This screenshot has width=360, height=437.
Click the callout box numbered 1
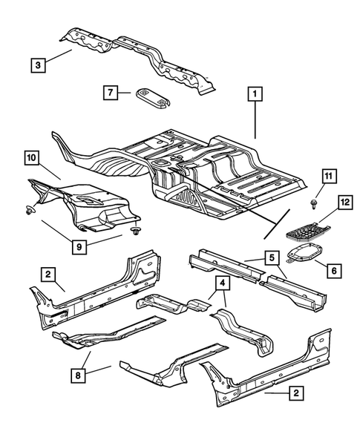click(x=255, y=94)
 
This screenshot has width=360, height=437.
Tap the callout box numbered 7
click(x=111, y=92)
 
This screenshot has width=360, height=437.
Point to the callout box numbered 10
click(x=30, y=157)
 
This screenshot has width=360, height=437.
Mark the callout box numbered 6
click(x=335, y=271)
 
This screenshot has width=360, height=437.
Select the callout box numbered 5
click(x=272, y=259)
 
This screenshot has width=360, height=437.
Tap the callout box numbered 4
click(x=222, y=283)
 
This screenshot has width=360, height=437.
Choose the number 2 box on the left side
click(x=47, y=275)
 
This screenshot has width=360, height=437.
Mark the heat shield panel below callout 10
click(x=85, y=204)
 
